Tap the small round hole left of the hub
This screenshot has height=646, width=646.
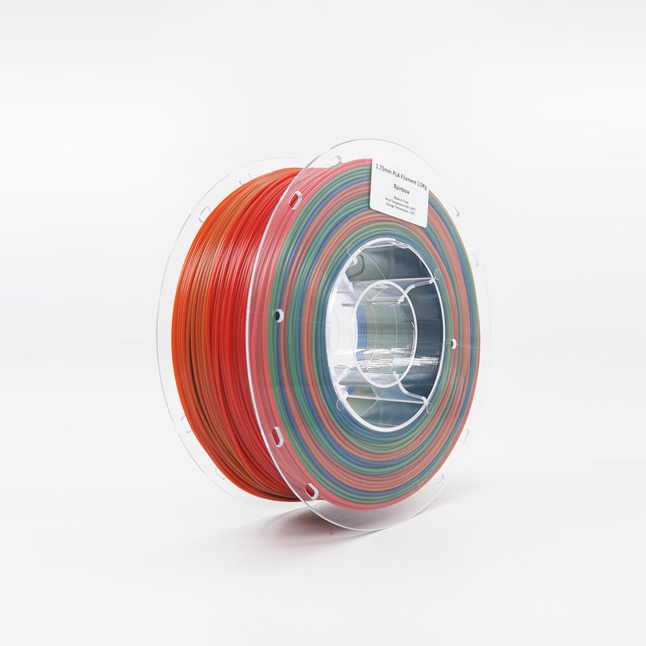tap(278, 315)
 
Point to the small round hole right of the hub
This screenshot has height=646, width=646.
tap(453, 344)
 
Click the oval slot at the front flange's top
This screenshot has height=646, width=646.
tap(335, 161)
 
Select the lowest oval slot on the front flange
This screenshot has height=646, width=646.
tap(311, 491)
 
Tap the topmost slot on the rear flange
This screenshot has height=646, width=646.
tap(245, 176)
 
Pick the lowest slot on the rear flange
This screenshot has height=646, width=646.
tap(221, 472)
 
